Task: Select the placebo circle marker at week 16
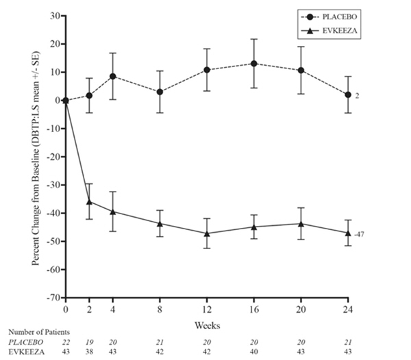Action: point(254,64)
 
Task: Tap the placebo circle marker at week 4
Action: point(112,76)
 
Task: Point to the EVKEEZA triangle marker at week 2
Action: point(89,201)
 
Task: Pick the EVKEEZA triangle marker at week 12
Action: point(207,233)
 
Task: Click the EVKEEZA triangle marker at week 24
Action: point(348,233)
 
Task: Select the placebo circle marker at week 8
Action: point(160,92)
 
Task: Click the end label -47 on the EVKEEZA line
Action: point(360,234)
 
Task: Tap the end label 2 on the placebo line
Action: point(358,95)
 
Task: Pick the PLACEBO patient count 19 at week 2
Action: point(89,342)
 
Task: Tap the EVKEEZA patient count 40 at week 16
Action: point(254,351)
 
